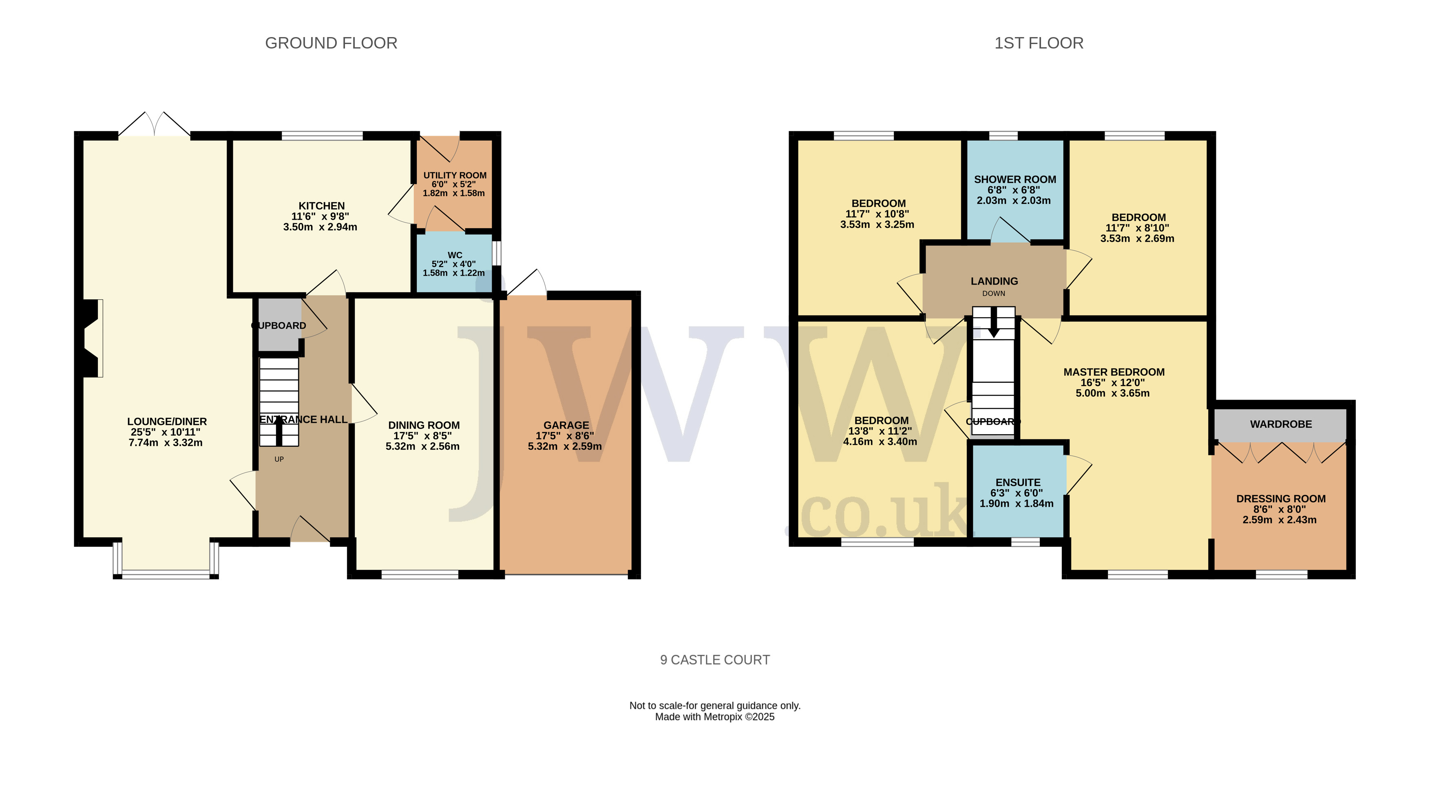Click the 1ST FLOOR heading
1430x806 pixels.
coord(1039,43)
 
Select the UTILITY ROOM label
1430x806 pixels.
coord(455,175)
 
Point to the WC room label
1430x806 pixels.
coord(455,255)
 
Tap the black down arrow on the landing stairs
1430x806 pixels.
coord(994,322)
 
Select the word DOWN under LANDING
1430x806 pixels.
coord(994,294)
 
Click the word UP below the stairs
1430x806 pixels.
coord(279,459)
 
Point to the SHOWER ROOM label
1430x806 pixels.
coord(1015,179)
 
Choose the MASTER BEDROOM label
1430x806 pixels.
coord(1114,372)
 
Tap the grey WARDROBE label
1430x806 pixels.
coord(1281,424)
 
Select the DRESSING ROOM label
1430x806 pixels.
coord(1281,499)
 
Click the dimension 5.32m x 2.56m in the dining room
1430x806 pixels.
coord(422,446)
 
